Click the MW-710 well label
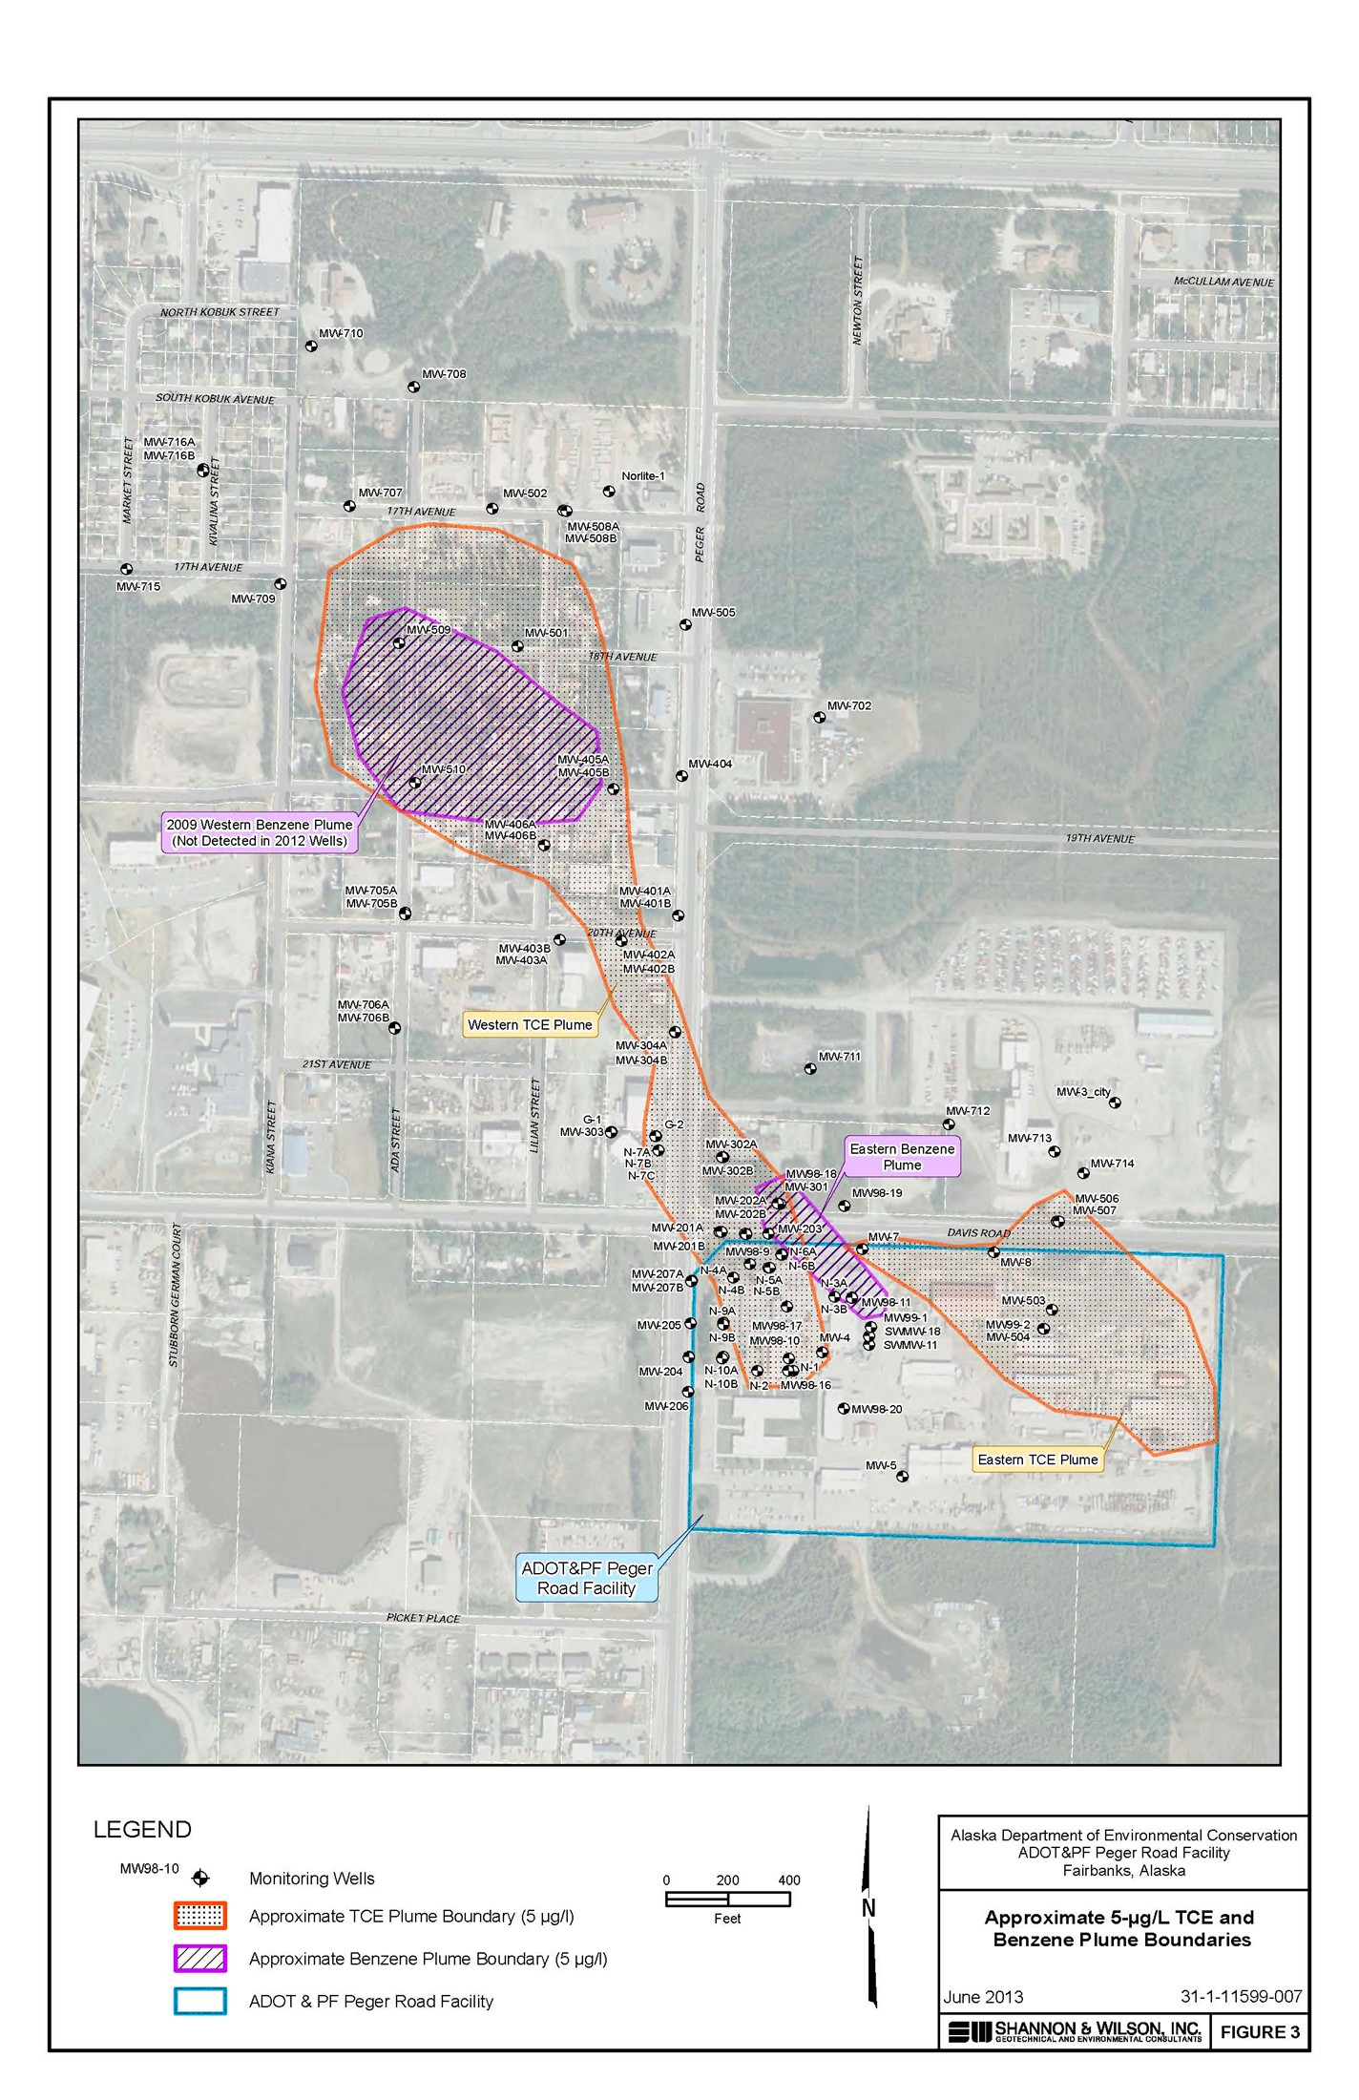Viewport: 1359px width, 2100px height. (x=341, y=333)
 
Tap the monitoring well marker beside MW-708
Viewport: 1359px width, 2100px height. (x=413, y=387)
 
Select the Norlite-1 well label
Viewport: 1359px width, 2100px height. (x=643, y=475)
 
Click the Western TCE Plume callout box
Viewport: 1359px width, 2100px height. (x=530, y=1024)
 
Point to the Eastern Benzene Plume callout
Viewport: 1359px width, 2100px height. (x=902, y=1156)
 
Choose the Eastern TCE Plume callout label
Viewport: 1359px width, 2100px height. (x=1037, y=1459)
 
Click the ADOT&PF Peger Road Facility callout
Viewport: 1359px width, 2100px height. (x=586, y=1578)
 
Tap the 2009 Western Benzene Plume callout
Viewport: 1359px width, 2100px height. (x=260, y=832)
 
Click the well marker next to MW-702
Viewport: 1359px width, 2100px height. (x=819, y=717)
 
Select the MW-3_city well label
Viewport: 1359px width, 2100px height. (x=1083, y=1091)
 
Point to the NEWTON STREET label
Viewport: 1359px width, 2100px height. (x=857, y=300)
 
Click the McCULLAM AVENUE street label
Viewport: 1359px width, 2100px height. (x=1223, y=282)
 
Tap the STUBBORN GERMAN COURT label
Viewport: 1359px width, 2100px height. (x=175, y=1295)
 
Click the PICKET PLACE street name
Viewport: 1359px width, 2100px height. (x=423, y=1618)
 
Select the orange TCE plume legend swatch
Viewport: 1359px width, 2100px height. (x=200, y=1915)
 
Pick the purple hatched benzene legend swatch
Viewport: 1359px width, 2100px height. (x=200, y=1958)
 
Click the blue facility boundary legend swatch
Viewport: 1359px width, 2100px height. (x=200, y=2001)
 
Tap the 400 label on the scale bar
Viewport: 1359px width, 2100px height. (x=788, y=1879)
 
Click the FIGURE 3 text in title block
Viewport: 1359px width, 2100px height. (x=1260, y=2031)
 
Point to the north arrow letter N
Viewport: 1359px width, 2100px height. (x=868, y=1907)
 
